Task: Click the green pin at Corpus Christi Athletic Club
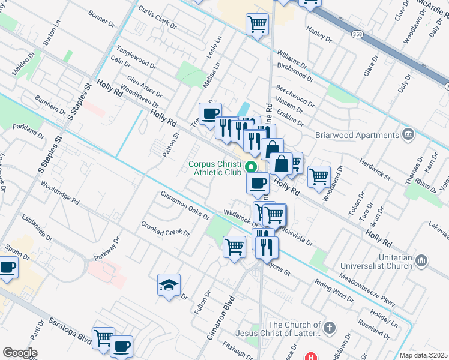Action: [x=252, y=167]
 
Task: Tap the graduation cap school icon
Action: [x=169, y=285]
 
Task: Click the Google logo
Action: [x=20, y=352]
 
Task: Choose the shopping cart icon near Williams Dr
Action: [x=257, y=25]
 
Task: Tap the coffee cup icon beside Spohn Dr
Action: [x=7, y=267]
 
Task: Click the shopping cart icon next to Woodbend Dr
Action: [x=319, y=176]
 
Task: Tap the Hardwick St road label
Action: [x=375, y=170]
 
